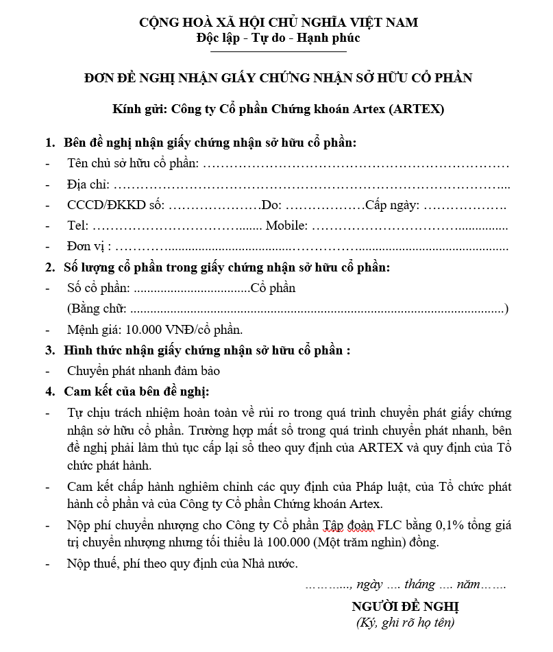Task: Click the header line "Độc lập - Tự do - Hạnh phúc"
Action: point(278,38)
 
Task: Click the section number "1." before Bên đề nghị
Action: point(49,143)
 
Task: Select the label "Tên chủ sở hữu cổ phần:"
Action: point(133,164)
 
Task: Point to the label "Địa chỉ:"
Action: point(88,184)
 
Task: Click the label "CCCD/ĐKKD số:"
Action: point(116,205)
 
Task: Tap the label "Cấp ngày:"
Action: point(392,205)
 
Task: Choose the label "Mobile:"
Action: point(286,226)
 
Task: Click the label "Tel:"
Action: point(77,226)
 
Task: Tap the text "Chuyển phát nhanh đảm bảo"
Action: point(143,371)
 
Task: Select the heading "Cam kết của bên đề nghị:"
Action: point(136,391)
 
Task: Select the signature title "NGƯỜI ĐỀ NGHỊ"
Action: point(405,606)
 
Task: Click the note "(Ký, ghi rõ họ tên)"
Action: point(405,623)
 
